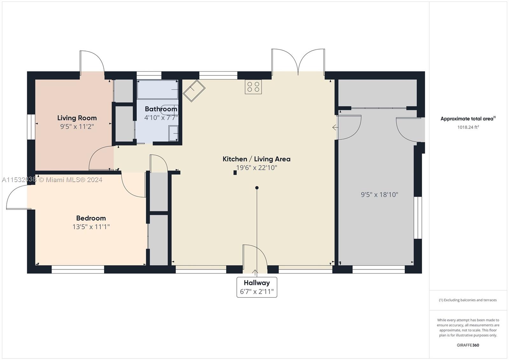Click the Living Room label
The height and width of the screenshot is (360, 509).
(x=77, y=118)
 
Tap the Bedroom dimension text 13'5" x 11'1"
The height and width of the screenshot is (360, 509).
(x=91, y=227)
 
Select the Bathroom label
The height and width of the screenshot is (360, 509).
(x=161, y=109)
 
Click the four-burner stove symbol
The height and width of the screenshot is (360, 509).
(x=253, y=87)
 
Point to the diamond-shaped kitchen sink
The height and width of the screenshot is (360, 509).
(x=194, y=91)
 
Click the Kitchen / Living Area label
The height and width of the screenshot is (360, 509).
(x=256, y=159)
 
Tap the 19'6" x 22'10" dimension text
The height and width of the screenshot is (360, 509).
(x=256, y=167)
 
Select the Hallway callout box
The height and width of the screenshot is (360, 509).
(x=257, y=287)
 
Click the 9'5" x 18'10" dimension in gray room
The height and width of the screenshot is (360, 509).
(x=380, y=194)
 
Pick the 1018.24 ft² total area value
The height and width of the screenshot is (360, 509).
(x=468, y=127)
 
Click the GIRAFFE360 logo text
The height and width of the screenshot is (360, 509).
(x=468, y=345)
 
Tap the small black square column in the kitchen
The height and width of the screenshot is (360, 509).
(x=235, y=173)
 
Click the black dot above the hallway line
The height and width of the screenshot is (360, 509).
(x=257, y=188)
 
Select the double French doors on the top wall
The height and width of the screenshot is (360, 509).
(x=298, y=62)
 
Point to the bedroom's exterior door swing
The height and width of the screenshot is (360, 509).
(x=17, y=197)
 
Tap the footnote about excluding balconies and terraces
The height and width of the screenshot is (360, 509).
(x=468, y=300)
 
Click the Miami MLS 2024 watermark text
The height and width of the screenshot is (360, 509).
(x=52, y=180)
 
